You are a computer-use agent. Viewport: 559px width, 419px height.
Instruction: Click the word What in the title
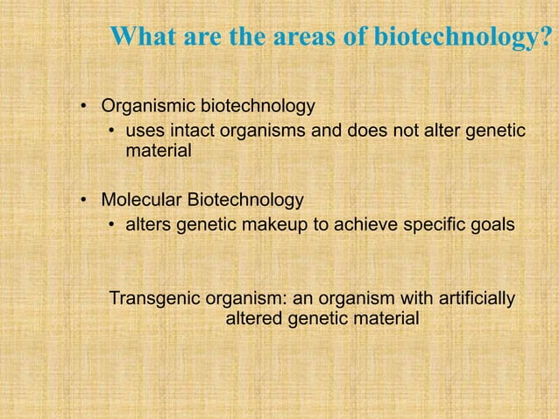pyautogui.click(x=143, y=38)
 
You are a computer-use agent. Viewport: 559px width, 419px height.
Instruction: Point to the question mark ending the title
pyautogui.click(x=547, y=38)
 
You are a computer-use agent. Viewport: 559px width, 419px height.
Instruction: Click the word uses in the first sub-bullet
pyautogui.click(x=144, y=131)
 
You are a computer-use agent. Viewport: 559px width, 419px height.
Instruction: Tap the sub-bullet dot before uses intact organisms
pyautogui.click(x=111, y=132)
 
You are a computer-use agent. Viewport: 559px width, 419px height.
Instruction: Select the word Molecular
pyautogui.click(x=141, y=199)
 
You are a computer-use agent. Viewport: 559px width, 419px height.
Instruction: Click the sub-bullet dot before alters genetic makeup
pyautogui.click(x=111, y=224)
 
